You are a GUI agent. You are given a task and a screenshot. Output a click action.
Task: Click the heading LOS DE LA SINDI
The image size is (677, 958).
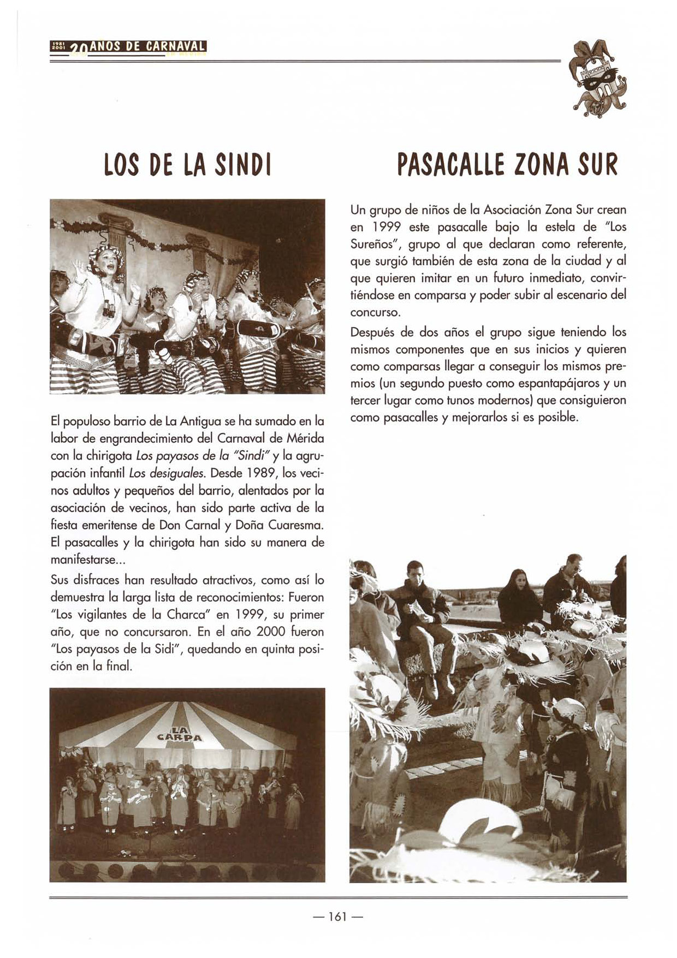(x=187, y=165)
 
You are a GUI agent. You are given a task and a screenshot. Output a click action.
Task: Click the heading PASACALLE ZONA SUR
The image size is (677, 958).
(x=508, y=165)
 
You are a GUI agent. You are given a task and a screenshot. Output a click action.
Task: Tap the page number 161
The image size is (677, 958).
(x=337, y=917)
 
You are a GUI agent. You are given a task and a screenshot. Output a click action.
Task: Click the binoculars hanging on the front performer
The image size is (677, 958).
(x=109, y=309)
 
